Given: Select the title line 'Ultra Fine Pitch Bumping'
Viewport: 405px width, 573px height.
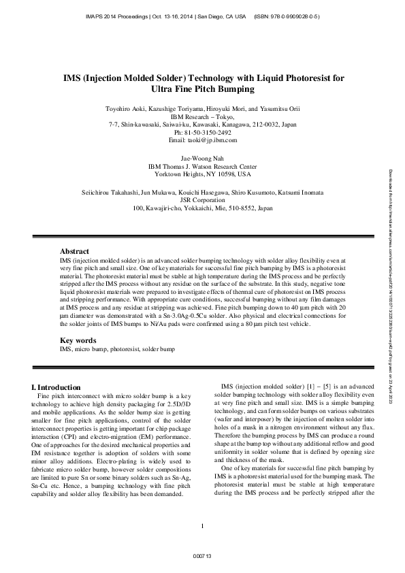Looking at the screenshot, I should pyautogui.click(x=203, y=89).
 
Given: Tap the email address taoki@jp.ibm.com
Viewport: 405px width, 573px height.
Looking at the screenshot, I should pyautogui.click(x=203, y=140).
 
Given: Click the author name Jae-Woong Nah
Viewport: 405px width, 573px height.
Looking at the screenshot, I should pyautogui.click(x=203, y=157).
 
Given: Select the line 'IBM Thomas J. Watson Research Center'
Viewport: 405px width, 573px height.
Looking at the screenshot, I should pyautogui.click(x=203, y=165).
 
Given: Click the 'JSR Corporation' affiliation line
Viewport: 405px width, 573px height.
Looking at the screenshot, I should pyautogui.click(x=203, y=200).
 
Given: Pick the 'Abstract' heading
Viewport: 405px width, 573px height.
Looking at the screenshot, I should pyautogui.click(x=74, y=251).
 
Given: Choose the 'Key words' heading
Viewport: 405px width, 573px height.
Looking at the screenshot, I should pyautogui.click(x=78, y=340).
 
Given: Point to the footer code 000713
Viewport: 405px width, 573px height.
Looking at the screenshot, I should pyautogui.click(x=203, y=557).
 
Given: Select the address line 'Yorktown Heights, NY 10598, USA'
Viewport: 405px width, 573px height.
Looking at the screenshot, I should pyautogui.click(x=203, y=174).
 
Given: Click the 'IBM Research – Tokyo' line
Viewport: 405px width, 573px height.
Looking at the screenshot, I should pyautogui.click(x=203, y=116).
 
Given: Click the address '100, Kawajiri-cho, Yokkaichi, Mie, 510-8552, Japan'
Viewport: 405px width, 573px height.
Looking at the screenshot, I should pyautogui.click(x=203, y=208).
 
